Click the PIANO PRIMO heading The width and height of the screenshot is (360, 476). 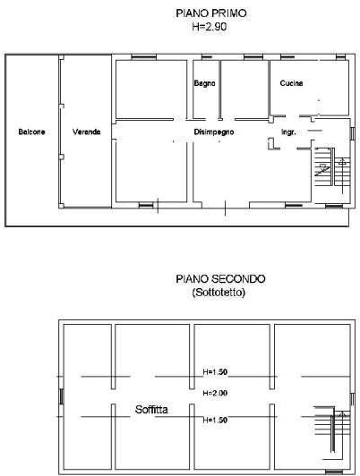(211, 13)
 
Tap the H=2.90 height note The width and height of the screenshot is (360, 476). (210, 27)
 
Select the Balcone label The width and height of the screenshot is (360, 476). (31, 132)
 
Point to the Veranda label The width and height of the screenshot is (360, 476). (87, 132)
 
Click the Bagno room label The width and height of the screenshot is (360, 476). (205, 83)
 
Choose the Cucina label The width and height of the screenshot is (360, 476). (291, 83)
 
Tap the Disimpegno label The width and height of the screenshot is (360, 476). (214, 132)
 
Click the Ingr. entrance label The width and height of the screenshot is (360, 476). (288, 132)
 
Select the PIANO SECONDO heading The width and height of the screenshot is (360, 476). (220, 278)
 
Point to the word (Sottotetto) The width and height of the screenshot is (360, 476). (219, 292)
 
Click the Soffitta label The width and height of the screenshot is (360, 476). (151, 410)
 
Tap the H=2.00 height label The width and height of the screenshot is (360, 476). (215, 393)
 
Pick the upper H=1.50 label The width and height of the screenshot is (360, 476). (215, 372)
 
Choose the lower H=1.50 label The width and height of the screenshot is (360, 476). (215, 420)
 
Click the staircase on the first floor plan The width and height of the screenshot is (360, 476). (332, 171)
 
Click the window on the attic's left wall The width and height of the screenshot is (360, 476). (62, 396)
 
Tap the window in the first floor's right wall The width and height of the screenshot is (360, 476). (353, 133)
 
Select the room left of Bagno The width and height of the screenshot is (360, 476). (151, 89)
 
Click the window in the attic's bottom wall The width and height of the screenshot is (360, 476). (334, 472)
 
